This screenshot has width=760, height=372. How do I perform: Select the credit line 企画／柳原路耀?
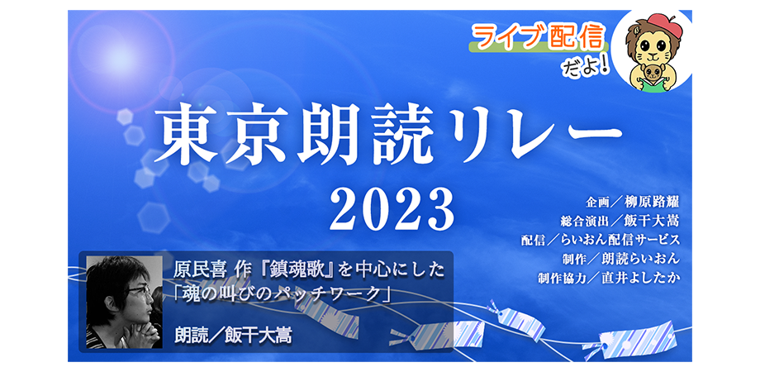[x=632, y=202]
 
